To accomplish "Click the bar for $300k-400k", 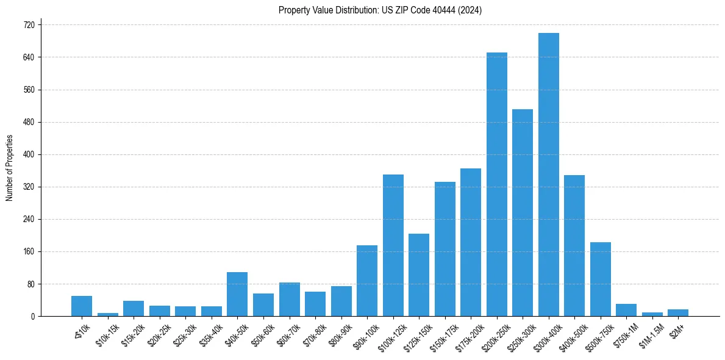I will (x=549, y=175).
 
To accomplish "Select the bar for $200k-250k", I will (x=497, y=184).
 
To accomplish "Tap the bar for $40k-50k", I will (x=237, y=294).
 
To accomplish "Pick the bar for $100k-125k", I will (x=393, y=245).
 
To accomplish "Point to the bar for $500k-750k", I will (x=601, y=279).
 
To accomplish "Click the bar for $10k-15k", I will (x=108, y=314).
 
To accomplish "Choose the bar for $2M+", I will (x=678, y=313).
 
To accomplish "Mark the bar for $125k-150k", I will (x=419, y=275).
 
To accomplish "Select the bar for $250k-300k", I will (x=523, y=212).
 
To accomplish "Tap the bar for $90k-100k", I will (x=367, y=281).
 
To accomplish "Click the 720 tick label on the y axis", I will (x=30, y=25).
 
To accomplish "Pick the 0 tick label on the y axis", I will (x=34, y=316).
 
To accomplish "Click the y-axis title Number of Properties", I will (x=9, y=168).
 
